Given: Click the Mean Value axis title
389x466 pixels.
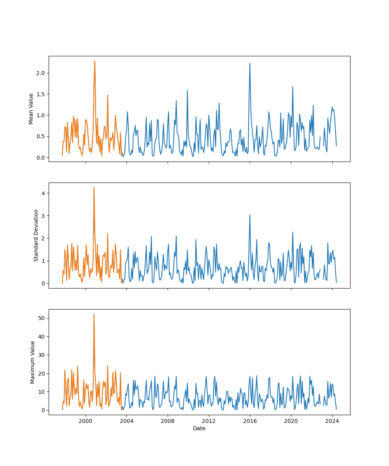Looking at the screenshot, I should click(x=31, y=109).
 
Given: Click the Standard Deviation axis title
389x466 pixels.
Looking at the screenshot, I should click(x=36, y=235).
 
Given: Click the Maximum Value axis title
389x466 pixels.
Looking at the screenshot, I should click(x=33, y=362).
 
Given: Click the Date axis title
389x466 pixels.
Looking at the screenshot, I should click(x=199, y=428).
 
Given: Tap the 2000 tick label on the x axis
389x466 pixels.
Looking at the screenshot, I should click(x=86, y=421).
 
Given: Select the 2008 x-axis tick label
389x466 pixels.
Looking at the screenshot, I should click(x=168, y=421).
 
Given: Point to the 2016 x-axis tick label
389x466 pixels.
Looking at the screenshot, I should click(x=250, y=421).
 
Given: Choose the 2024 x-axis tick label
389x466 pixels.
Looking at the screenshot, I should click(x=332, y=421).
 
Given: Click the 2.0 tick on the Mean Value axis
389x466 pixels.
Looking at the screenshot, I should click(x=40, y=73).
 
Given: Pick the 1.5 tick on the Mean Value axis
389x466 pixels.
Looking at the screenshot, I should click(x=40, y=94).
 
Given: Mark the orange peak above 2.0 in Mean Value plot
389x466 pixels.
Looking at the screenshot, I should click(x=95, y=61).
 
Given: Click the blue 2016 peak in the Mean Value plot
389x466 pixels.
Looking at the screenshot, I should click(x=250, y=63).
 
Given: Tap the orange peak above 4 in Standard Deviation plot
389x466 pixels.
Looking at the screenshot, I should click(x=94, y=188).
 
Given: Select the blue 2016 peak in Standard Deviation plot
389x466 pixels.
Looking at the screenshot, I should click(x=250, y=215).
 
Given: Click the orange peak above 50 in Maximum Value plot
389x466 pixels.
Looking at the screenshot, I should click(x=94, y=314).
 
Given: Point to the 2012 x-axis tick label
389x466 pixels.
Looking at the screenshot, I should click(x=209, y=421).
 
